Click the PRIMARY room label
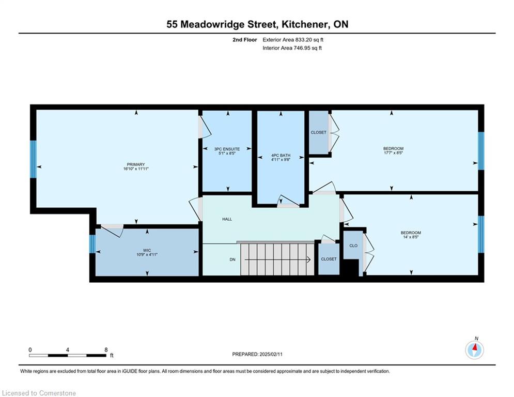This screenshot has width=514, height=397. pyautogui.click(x=136, y=164)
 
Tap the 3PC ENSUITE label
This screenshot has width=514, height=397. pyautogui.click(x=227, y=149)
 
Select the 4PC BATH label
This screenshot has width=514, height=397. pyautogui.click(x=281, y=156)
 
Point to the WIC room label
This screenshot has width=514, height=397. pyautogui.click(x=147, y=250)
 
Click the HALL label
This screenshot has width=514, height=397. pyautogui.click(x=227, y=219)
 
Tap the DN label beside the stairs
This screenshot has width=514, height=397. pyautogui.click(x=232, y=259)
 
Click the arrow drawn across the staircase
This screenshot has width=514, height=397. pyautogui.click(x=277, y=260)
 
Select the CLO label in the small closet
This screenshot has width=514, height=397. pyautogui.click(x=353, y=246)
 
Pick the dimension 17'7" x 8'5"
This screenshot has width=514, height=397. pyautogui.click(x=393, y=152)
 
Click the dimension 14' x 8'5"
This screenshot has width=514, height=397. pyautogui.click(x=411, y=237)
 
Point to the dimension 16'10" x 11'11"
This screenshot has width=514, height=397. pyautogui.click(x=136, y=169)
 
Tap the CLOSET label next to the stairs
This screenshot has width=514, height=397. pyautogui.click(x=329, y=259)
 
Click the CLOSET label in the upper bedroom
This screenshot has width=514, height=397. pyautogui.click(x=319, y=132)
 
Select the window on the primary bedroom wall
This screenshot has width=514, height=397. pyautogui.click(x=33, y=159)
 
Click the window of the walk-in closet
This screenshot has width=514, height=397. pyautogui.click(x=92, y=244)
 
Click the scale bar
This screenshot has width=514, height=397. pyautogui.click(x=68, y=355)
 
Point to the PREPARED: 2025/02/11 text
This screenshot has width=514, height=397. pyautogui.click(x=257, y=354)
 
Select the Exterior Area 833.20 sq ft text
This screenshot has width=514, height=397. pyautogui.click(x=293, y=40)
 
